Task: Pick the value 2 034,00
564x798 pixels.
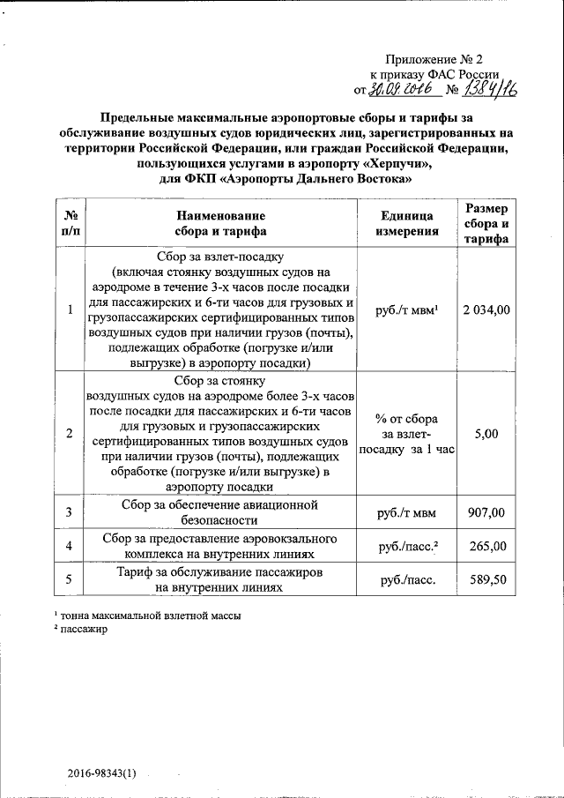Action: pos(486,310)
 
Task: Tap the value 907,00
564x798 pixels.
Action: pos(486,512)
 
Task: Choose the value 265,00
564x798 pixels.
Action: pos(486,546)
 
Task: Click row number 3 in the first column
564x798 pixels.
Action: pos(70,512)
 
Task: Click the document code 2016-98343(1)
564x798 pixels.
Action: pos(102,773)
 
